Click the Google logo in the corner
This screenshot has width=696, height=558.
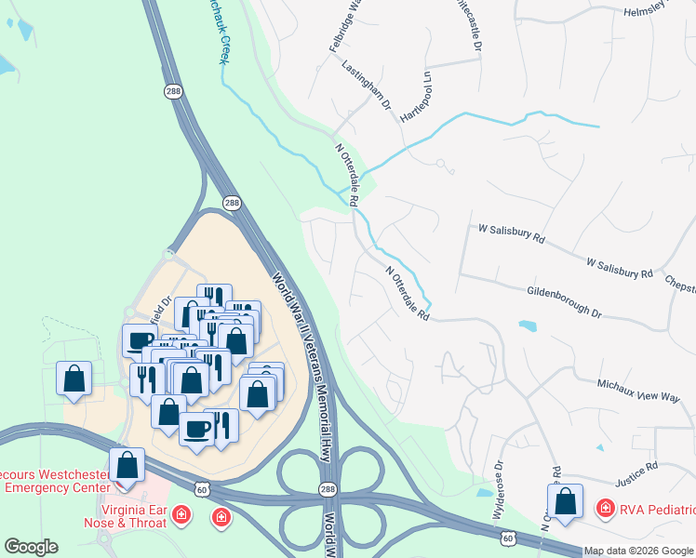[x=31, y=547]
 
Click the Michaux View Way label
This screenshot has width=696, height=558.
[x=639, y=390]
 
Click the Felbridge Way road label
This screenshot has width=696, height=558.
[x=342, y=28]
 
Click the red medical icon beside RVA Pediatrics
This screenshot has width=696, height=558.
[x=605, y=508]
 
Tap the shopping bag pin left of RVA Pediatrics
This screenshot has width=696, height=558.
[x=565, y=502]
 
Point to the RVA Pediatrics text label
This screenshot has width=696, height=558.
[x=656, y=509]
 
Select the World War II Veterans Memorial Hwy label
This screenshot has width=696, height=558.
[x=303, y=366]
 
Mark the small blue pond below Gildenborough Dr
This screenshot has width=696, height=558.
[x=528, y=326]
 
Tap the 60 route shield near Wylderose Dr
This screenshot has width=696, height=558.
[x=507, y=538]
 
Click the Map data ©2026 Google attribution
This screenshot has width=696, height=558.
[x=639, y=551]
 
